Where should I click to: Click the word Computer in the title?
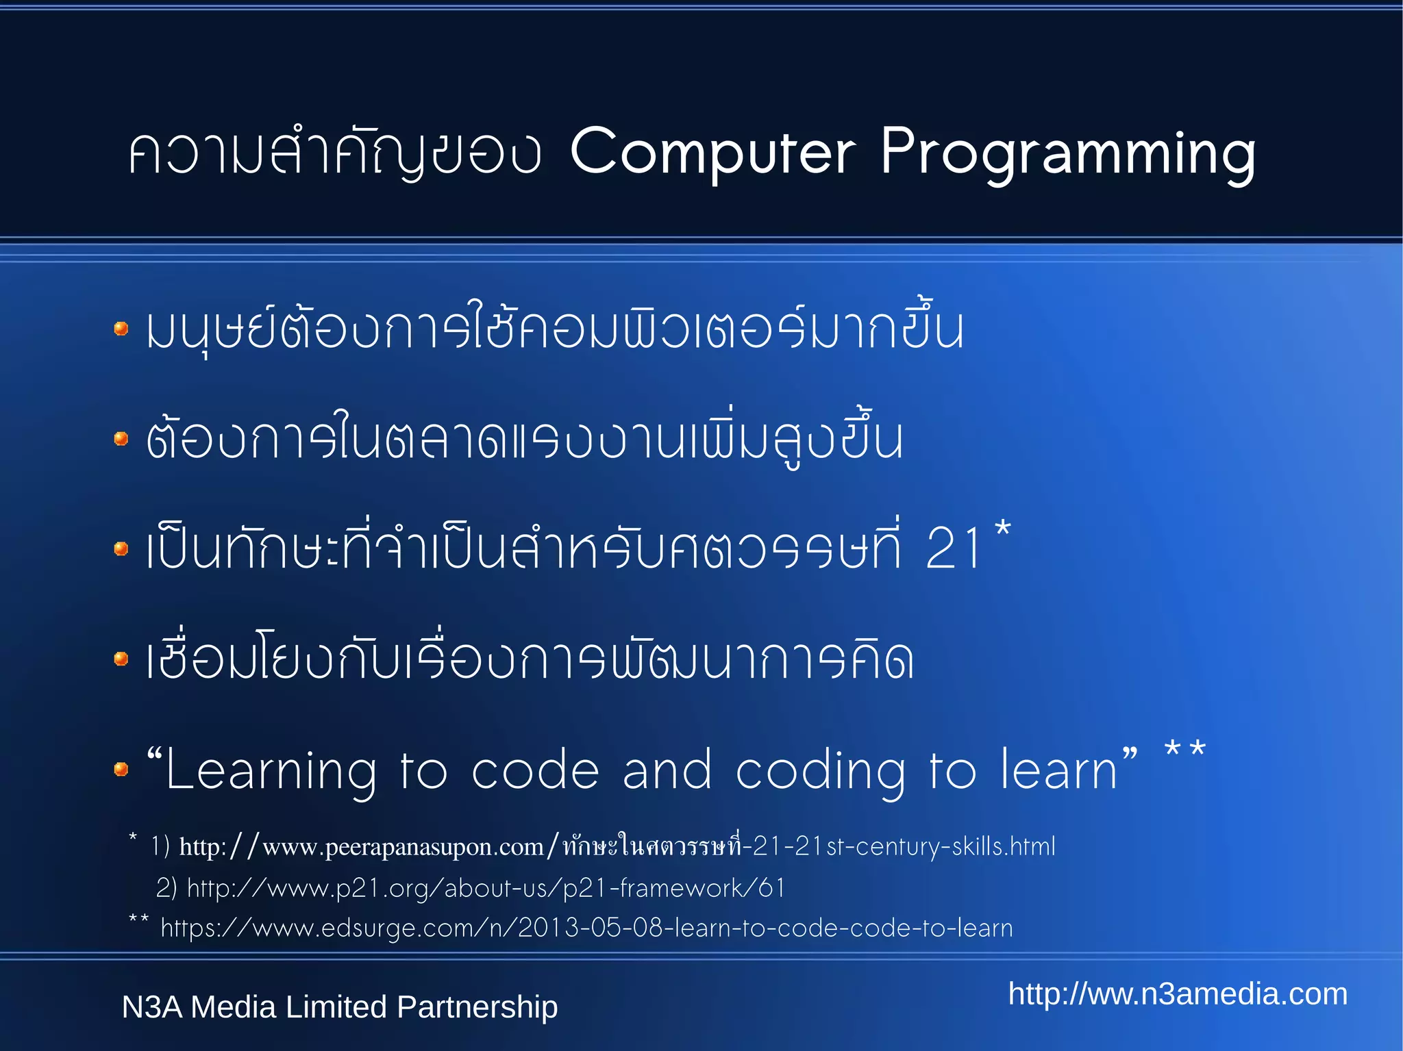pyautogui.click(x=712, y=152)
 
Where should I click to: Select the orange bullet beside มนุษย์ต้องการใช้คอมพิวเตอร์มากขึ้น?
pyautogui.click(x=121, y=329)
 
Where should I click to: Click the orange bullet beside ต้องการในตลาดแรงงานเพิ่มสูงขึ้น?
pyautogui.click(x=121, y=438)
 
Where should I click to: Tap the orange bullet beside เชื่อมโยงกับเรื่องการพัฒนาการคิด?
pyautogui.click(x=121, y=659)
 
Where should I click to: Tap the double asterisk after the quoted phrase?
pyautogui.click(x=1184, y=750)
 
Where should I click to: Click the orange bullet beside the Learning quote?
pyautogui.click(x=121, y=770)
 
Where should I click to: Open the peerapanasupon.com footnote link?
pyautogui.click(x=617, y=847)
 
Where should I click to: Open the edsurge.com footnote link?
pyautogui.click(x=586, y=928)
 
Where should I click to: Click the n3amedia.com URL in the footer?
pyautogui.click(x=1178, y=994)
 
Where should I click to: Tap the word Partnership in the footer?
pyautogui.click(x=477, y=1007)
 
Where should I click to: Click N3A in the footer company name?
pyautogui.click(x=152, y=1007)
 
